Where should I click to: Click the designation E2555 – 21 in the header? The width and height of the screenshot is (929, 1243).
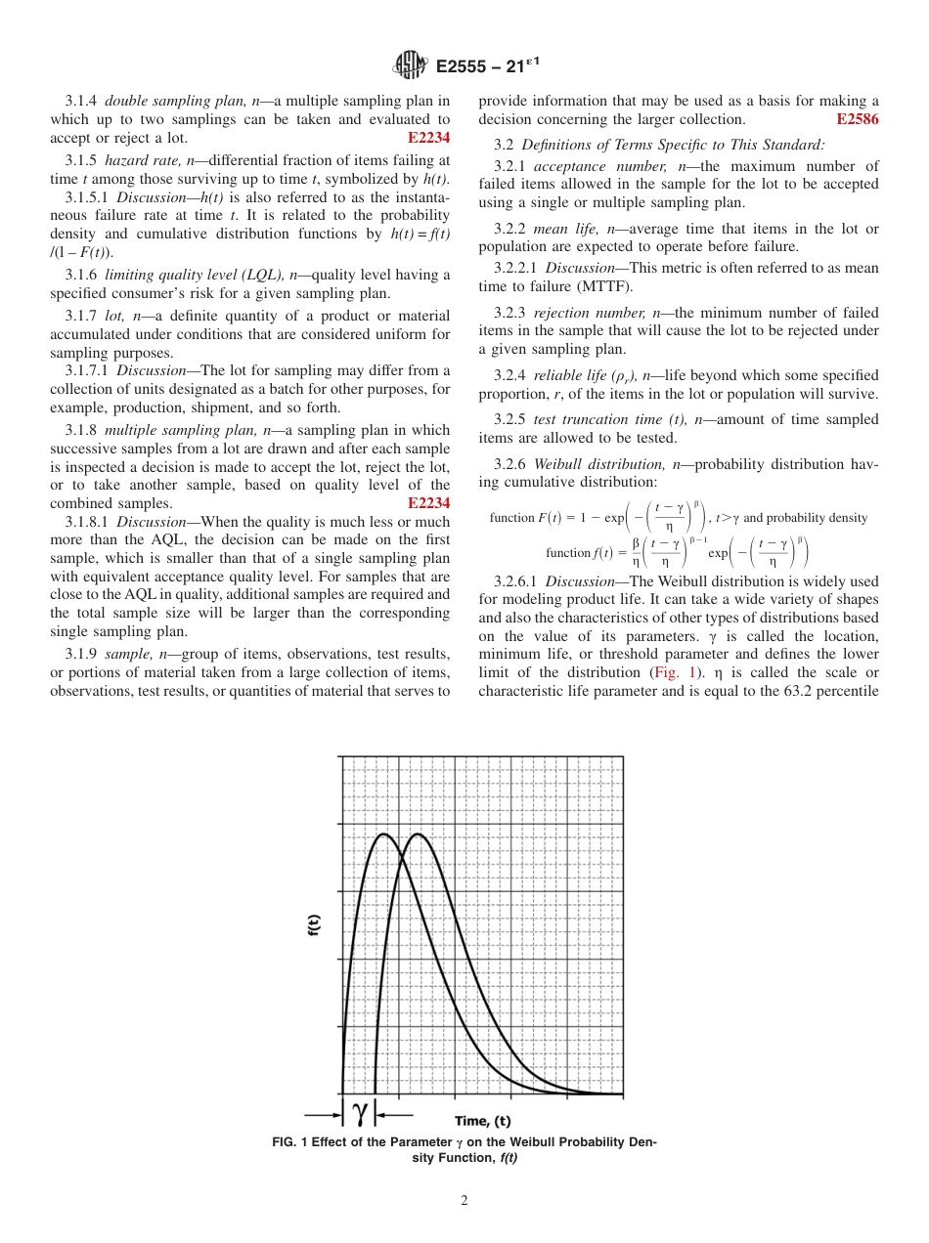[479, 66]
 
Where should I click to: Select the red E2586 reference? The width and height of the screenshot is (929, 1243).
[858, 119]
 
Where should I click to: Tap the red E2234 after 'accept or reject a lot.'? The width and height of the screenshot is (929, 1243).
[428, 138]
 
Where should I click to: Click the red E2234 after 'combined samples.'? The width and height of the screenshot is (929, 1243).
[428, 502]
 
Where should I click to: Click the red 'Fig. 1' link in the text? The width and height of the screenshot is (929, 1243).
[672, 672]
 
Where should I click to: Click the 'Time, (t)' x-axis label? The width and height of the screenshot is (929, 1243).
[482, 1120]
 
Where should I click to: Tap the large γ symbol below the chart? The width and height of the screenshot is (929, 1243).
[360, 1111]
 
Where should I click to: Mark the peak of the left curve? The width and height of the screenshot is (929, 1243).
[384, 834]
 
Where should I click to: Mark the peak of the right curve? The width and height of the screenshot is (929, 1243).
[418, 834]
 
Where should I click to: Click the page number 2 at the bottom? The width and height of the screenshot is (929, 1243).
[464, 1201]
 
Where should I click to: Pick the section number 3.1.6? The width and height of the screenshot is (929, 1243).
[81, 275]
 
